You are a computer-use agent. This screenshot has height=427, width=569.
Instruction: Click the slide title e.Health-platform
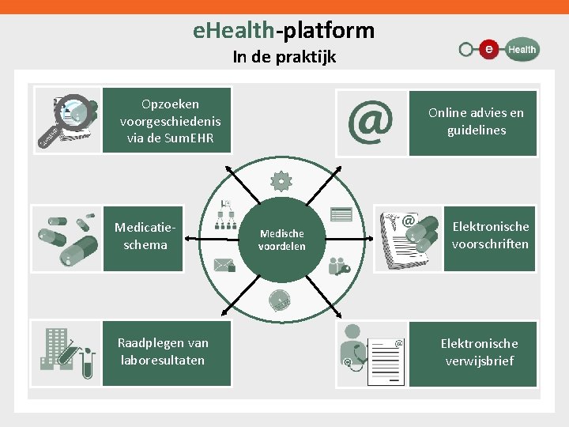pyautogui.click(x=284, y=31)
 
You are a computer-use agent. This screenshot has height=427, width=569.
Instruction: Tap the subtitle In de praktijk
pyautogui.click(x=284, y=57)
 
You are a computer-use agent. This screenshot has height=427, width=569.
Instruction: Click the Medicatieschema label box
pyautogui.click(x=142, y=236)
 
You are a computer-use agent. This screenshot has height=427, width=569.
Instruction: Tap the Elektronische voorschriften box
pyautogui.click(x=490, y=236)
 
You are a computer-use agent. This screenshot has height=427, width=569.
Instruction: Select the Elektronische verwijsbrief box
pyautogui.click(x=479, y=353)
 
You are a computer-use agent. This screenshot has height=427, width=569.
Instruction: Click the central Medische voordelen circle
pyautogui.click(x=281, y=240)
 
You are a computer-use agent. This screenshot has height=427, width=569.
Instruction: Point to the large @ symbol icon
pyautogui.click(x=371, y=122)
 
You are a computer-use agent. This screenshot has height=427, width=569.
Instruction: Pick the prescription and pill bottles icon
pyautogui.click(x=408, y=237)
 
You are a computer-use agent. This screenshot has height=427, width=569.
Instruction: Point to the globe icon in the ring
pyautogui.click(x=281, y=300)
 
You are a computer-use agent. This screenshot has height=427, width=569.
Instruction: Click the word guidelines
pyautogui.click(x=476, y=130)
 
